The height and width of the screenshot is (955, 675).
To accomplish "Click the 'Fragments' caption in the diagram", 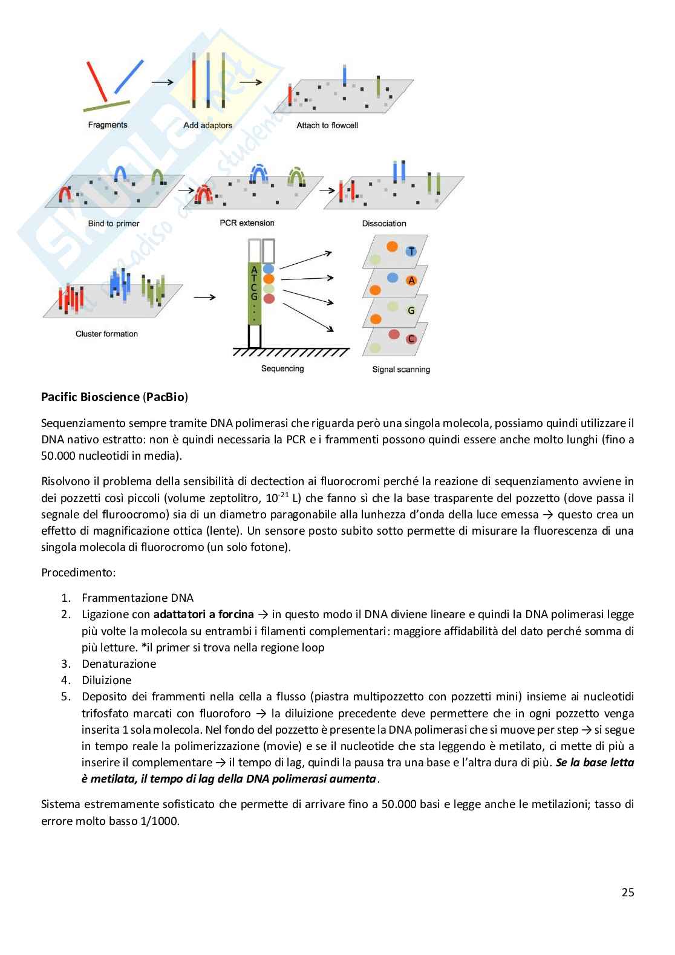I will click(108, 125).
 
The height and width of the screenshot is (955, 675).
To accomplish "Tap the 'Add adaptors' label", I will click(207, 126).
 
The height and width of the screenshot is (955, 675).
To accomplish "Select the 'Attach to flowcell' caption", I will click(327, 126).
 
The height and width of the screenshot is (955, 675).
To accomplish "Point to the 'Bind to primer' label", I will click(114, 224).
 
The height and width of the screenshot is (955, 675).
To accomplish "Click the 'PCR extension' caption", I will click(247, 223).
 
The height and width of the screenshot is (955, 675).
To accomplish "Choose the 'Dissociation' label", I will click(384, 224).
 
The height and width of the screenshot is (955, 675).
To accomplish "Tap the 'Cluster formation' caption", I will click(106, 334).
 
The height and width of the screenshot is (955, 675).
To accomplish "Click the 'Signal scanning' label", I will click(401, 370).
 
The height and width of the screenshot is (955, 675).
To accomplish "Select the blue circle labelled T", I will click(411, 251).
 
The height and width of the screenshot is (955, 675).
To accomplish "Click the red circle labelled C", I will click(411, 339).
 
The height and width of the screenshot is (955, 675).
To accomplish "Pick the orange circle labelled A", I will click(412, 281).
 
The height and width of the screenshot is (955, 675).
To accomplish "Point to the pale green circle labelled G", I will click(411, 310).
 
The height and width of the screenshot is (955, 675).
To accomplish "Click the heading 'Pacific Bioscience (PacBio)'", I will click(114, 397).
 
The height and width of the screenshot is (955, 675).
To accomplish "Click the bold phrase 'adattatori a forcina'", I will click(204, 614).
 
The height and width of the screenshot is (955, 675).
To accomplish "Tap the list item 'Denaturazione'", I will click(119, 664).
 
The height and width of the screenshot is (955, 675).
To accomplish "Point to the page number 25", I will click(627, 892).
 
